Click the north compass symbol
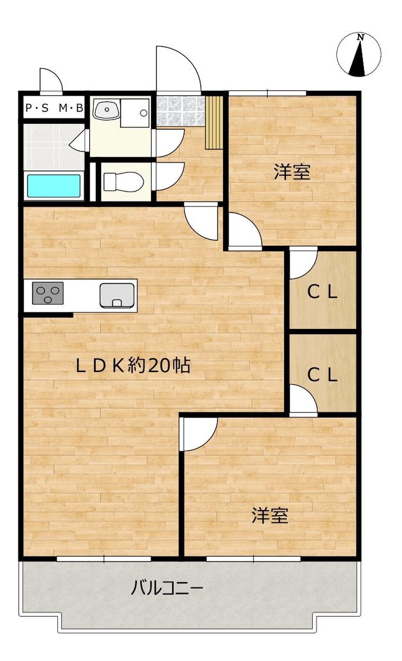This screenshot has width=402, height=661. click(x=358, y=55)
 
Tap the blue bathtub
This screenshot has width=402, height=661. click(x=54, y=186)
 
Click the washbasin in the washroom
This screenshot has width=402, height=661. click(x=106, y=109)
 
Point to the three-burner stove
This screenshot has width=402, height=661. click(x=48, y=293)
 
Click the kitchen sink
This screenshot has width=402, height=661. click(x=117, y=295)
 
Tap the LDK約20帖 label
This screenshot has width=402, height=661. click(x=133, y=366)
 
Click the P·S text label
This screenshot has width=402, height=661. click(x=37, y=109)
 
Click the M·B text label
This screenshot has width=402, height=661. click(x=71, y=109)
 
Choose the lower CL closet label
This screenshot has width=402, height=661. click(x=322, y=375)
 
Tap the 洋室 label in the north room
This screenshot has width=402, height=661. click(x=292, y=172)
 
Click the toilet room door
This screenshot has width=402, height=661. click(x=170, y=176)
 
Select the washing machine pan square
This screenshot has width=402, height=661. click(x=135, y=113)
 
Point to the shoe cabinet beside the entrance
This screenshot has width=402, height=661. click(x=214, y=122)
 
